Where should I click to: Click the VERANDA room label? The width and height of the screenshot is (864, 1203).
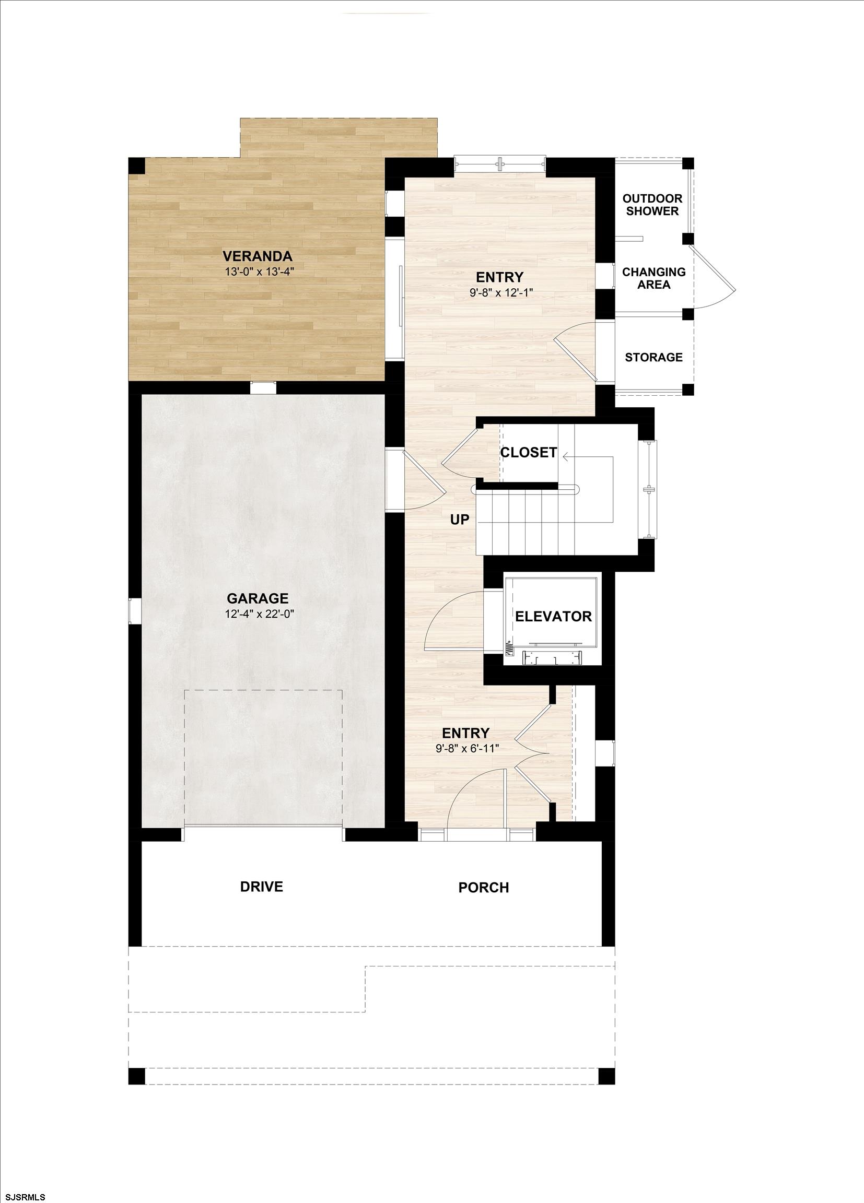click(258, 257)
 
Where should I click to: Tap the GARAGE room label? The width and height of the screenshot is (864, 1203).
click(258, 599)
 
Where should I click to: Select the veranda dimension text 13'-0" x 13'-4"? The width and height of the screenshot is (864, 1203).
click(259, 272)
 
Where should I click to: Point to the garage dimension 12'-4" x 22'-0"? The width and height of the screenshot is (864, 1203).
click(259, 614)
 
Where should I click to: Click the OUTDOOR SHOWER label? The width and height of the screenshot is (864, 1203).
click(652, 205)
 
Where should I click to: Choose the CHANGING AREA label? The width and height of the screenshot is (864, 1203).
click(654, 278)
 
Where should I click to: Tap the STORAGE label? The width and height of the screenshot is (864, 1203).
click(653, 357)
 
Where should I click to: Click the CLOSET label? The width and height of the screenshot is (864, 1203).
click(528, 453)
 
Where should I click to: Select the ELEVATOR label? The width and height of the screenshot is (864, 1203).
click(553, 616)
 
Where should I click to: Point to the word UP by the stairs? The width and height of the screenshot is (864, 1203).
click(460, 520)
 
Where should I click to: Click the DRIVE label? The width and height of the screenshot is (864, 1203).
click(261, 887)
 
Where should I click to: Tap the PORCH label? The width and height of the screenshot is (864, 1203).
click(484, 888)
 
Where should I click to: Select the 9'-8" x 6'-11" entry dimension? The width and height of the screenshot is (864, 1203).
click(465, 748)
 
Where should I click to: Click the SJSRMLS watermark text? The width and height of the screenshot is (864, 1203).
click(24, 1197)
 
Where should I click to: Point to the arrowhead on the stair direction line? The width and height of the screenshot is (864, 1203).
click(566, 456)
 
